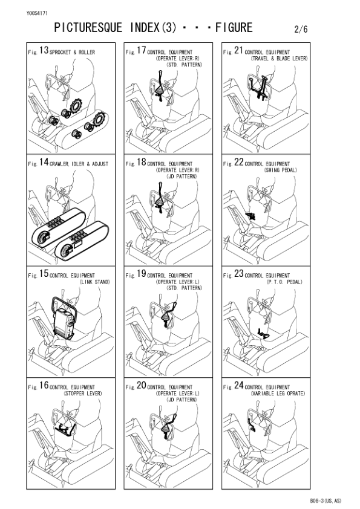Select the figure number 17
click(142, 51)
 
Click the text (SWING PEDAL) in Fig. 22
click(279, 170)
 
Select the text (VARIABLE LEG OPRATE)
click(278, 393)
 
